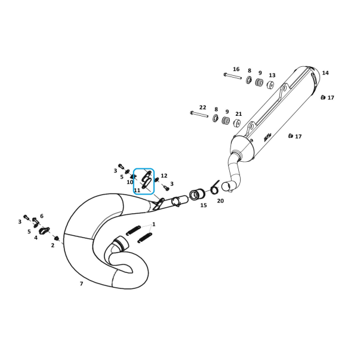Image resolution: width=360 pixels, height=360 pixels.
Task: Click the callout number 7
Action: click(81, 284)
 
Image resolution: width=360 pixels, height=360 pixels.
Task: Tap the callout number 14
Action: click(325, 73)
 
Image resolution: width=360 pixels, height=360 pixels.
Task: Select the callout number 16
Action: click(236, 69)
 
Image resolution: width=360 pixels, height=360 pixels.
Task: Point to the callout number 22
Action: click(203, 107)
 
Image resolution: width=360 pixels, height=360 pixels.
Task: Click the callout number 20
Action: click(220, 201)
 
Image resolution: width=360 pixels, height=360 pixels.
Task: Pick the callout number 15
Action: click(204, 205)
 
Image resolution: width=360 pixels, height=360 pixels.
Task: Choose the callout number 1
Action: click(154, 224)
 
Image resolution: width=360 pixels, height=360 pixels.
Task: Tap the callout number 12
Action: click(164, 176)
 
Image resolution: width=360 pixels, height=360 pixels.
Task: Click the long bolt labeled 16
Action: click(233, 76)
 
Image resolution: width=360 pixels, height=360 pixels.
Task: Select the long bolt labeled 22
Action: click(199, 115)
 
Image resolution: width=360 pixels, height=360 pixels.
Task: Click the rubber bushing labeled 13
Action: click(270, 85)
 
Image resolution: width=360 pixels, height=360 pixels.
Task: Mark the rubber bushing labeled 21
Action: click(237, 124)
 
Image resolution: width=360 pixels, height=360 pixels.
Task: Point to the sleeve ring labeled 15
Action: click(197, 195)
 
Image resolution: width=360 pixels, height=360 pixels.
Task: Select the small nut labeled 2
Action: click(57, 238)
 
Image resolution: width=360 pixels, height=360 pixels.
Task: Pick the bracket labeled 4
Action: click(44, 230)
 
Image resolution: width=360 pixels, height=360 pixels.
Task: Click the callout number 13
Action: click(272, 75)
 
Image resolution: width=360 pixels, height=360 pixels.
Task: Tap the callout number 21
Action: click(239, 114)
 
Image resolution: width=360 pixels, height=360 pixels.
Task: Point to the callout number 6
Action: click(42, 216)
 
